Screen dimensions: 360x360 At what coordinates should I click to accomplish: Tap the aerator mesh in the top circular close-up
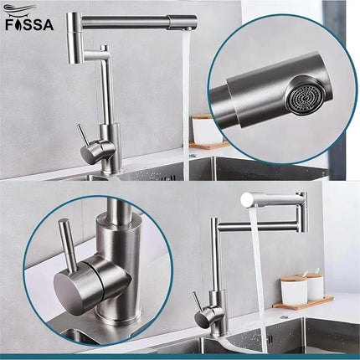click(299, 99)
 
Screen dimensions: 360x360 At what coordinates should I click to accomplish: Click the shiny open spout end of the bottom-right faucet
click(249, 199)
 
